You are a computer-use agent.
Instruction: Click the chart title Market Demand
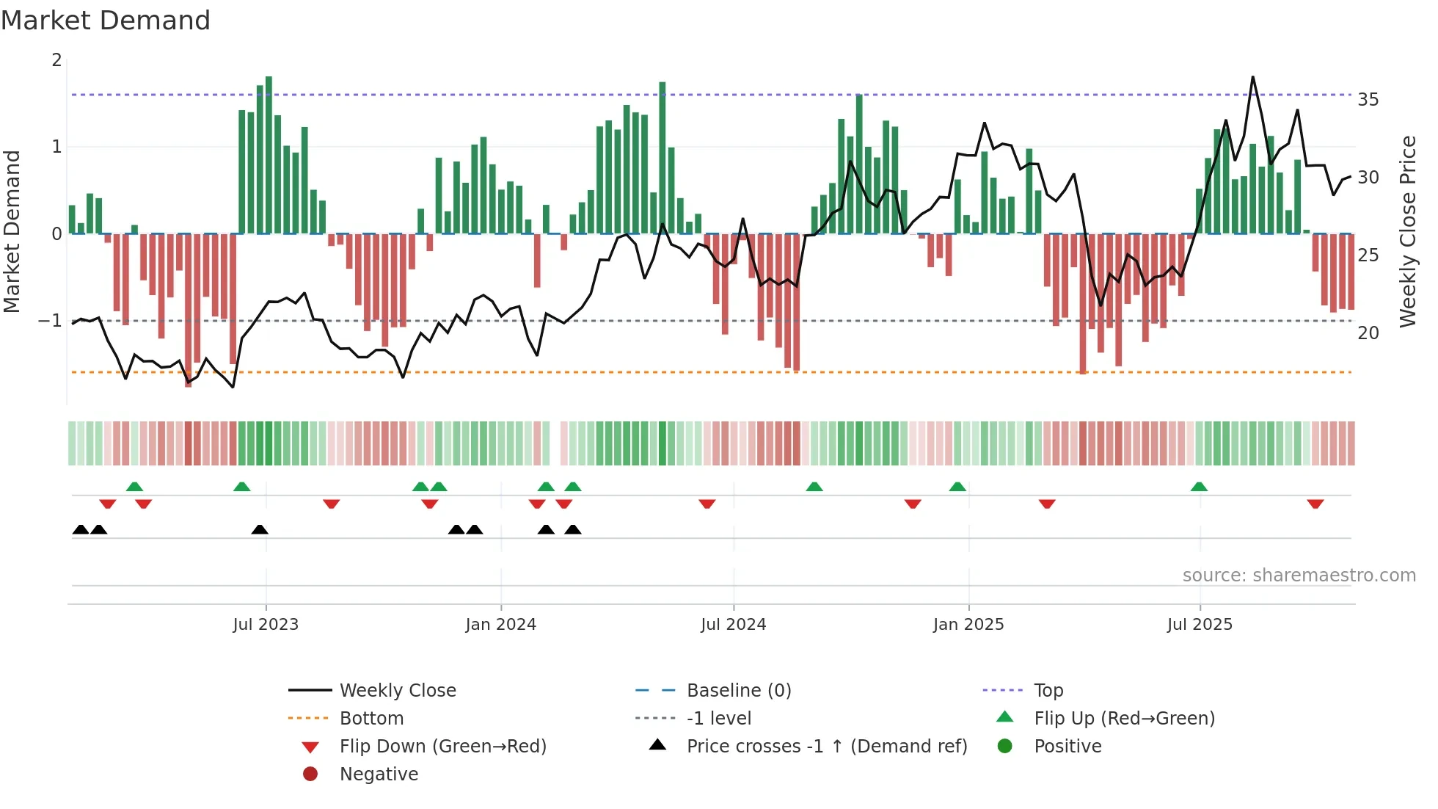[106, 21]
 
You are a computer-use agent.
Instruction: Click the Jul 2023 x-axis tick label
[266, 625]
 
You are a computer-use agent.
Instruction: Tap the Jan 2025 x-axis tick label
[968, 625]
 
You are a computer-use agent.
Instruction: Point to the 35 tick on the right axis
[1368, 100]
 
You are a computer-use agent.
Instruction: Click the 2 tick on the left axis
[56, 60]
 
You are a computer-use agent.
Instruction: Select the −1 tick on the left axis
[50, 321]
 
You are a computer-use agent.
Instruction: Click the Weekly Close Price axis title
[1407, 231]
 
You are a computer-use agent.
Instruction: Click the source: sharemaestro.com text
[1299, 576]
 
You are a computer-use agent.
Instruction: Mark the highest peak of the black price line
[1252, 77]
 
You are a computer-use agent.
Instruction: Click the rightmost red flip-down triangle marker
[1315, 504]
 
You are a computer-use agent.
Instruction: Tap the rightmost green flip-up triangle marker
[1199, 487]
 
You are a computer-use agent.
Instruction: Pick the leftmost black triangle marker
[81, 529]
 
